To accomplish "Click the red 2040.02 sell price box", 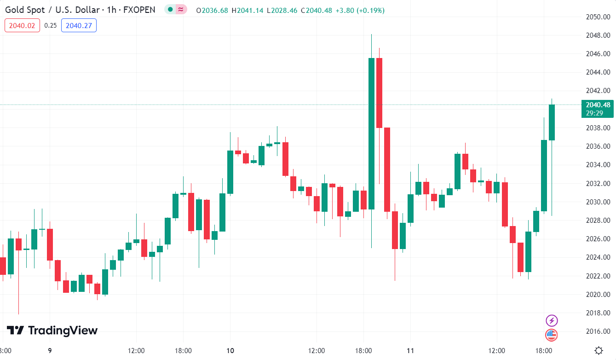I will pyautogui.click(x=22, y=25).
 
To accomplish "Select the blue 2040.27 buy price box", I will pyautogui.click(x=79, y=25).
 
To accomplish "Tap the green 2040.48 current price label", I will pyautogui.click(x=597, y=105).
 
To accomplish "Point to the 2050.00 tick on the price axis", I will pyautogui.click(x=598, y=17).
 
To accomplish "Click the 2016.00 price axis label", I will pyautogui.click(x=598, y=331).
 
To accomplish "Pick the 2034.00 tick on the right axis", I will pyautogui.click(x=598, y=165).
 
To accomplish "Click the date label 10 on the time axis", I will pyautogui.click(x=230, y=351).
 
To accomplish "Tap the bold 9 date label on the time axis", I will pyautogui.click(x=50, y=351).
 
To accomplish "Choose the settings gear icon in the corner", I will pyautogui.click(x=599, y=350).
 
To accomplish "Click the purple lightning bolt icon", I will pyautogui.click(x=551, y=320).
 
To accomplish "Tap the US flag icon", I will pyautogui.click(x=551, y=335).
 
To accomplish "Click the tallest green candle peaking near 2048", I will pyautogui.click(x=371, y=134).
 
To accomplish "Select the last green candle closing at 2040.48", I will pyautogui.click(x=552, y=122).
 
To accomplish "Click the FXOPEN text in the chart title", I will pyautogui.click(x=139, y=10).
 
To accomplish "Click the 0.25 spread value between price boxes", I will pyautogui.click(x=51, y=25).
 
